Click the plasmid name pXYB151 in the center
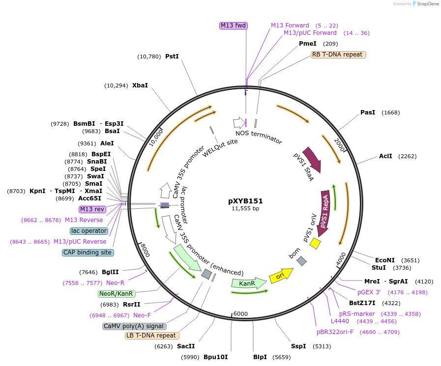pyautogui.click(x=245, y=201)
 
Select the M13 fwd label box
pyautogui.click(x=233, y=26)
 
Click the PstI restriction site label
pyautogui.click(x=172, y=56)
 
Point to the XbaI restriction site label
pyautogui.click(x=140, y=85)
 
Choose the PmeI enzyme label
pyautogui.click(x=308, y=44)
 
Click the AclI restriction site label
pyautogui.click(x=385, y=156)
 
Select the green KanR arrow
pyautogui.click(x=247, y=283)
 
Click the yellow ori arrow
pyautogui.click(x=281, y=277)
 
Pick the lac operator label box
pyautogui.click(x=89, y=231)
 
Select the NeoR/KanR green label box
pyautogui.click(x=116, y=294)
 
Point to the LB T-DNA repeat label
pyautogui.click(x=151, y=336)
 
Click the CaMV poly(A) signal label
pyautogui.click(x=134, y=326)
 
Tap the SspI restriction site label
pyautogui.click(x=298, y=346)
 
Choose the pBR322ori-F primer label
pyautogui.click(x=335, y=332)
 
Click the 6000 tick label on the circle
pyautogui.click(x=240, y=314)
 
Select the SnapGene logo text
pyautogui.click(x=425, y=3)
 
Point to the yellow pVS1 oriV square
pyautogui.click(x=315, y=243)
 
